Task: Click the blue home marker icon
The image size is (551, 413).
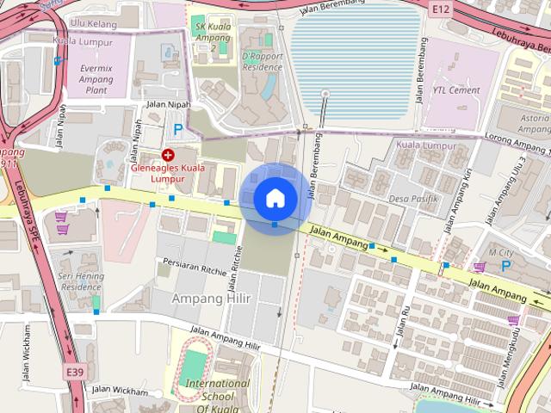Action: tap(275, 198)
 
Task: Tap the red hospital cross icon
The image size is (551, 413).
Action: tap(168, 155)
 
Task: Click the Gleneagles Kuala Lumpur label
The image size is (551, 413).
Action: tap(168, 173)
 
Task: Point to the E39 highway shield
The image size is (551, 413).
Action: tap(75, 372)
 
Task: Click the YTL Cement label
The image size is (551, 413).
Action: tap(456, 89)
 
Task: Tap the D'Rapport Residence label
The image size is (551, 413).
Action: tap(263, 60)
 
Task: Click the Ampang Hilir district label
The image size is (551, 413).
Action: tap(210, 297)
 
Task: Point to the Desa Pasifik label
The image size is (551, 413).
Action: tap(414, 199)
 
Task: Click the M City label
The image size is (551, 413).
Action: tap(499, 252)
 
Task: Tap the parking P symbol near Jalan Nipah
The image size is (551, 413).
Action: tap(178, 129)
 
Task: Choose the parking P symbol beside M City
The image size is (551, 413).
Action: tap(506, 267)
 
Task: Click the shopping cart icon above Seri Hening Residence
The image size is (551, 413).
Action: tap(61, 218)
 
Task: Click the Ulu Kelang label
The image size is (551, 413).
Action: tap(93, 23)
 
